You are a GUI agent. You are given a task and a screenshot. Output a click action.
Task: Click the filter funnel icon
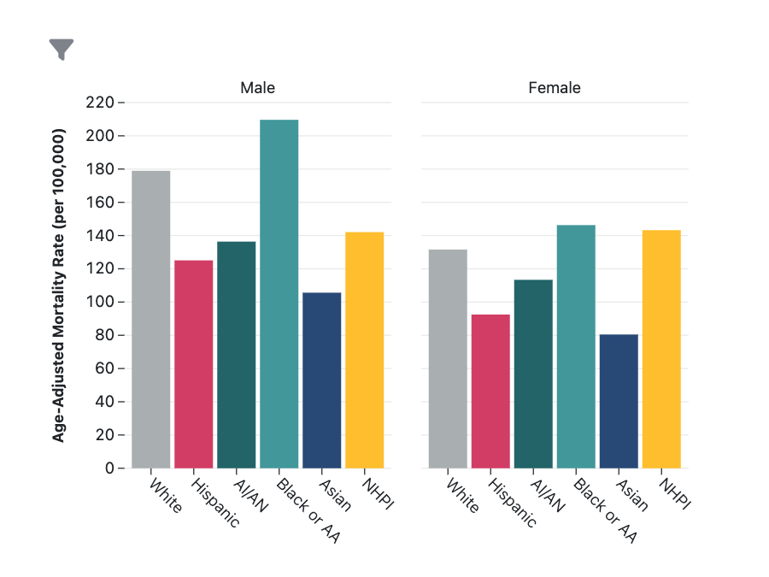[62, 50]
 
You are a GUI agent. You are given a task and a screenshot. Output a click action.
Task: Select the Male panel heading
[257, 88]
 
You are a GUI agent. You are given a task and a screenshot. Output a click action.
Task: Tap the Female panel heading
[555, 88]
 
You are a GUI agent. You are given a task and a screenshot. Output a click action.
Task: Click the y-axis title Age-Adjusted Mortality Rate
[60, 286]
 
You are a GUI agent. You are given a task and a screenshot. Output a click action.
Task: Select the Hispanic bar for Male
[194, 364]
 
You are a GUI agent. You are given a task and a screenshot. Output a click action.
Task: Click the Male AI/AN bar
[237, 355]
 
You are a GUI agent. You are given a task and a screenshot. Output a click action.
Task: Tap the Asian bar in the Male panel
[322, 380]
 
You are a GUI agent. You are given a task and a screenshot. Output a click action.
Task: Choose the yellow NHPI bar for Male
[365, 350]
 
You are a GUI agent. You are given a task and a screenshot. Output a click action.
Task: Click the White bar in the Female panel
[449, 359]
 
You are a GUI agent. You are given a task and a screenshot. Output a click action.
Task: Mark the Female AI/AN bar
[534, 374]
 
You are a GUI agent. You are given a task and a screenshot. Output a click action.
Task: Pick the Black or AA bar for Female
[577, 346]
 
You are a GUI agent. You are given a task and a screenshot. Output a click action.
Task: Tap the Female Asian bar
[619, 401]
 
